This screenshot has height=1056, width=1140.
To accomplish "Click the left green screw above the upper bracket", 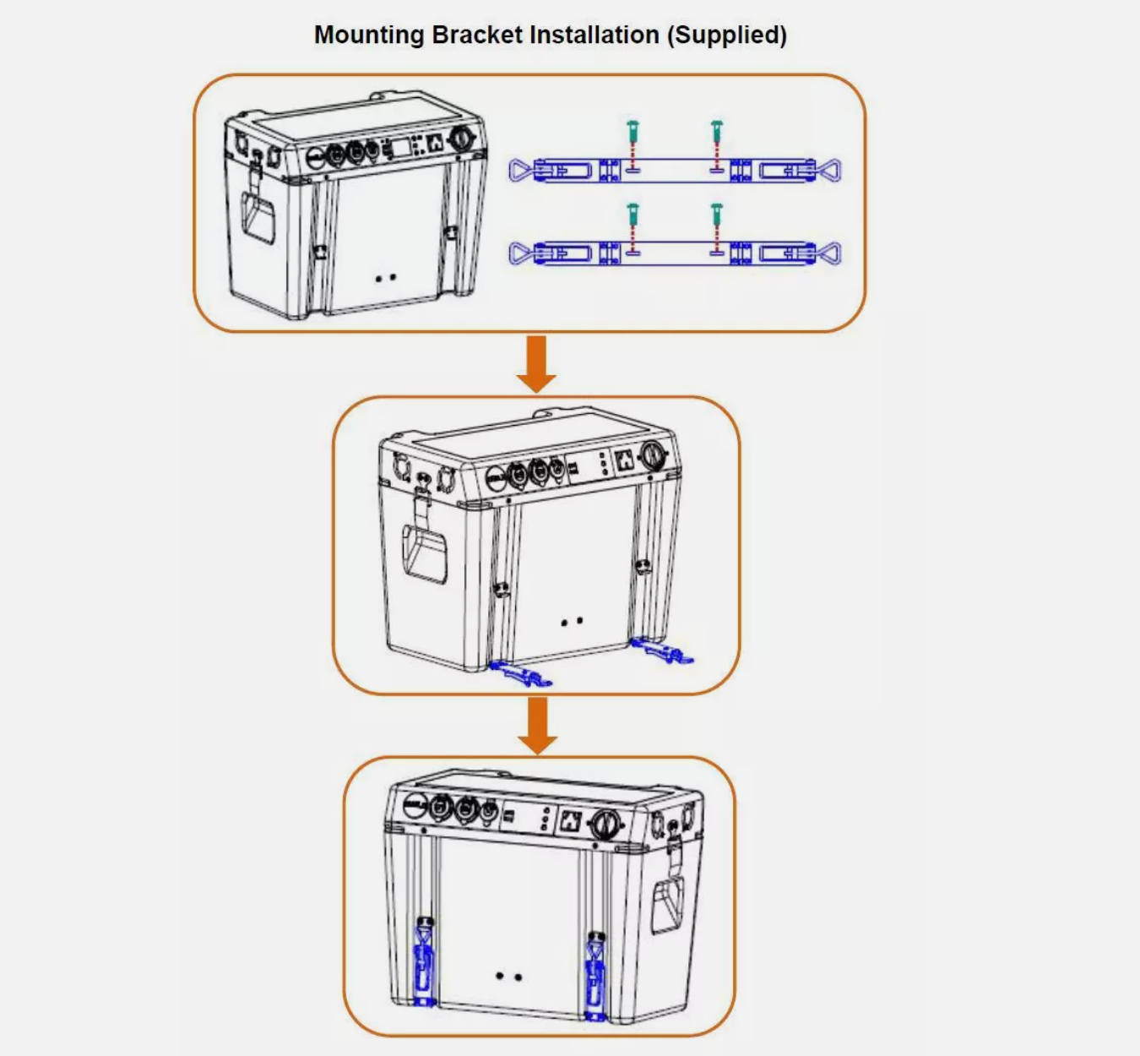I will pyautogui.click(x=633, y=133).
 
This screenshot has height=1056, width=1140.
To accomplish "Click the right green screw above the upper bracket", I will pyautogui.click(x=717, y=133).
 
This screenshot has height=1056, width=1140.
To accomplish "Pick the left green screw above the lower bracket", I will pyautogui.click(x=633, y=215).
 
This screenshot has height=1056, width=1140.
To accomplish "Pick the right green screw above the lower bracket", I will pyautogui.click(x=717, y=215).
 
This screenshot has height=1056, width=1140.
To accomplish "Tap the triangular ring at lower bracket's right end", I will pyautogui.click(x=829, y=253).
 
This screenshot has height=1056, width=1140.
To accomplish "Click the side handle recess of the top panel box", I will pyautogui.click(x=258, y=217).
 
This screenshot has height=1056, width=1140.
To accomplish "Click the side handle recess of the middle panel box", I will pyautogui.click(x=424, y=552).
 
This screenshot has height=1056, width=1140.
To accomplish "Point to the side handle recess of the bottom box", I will pyautogui.click(x=668, y=905).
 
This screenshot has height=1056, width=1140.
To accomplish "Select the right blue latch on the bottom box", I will pyautogui.click(x=595, y=977).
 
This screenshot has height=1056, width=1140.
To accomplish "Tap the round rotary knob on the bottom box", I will pyautogui.click(x=605, y=823).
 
